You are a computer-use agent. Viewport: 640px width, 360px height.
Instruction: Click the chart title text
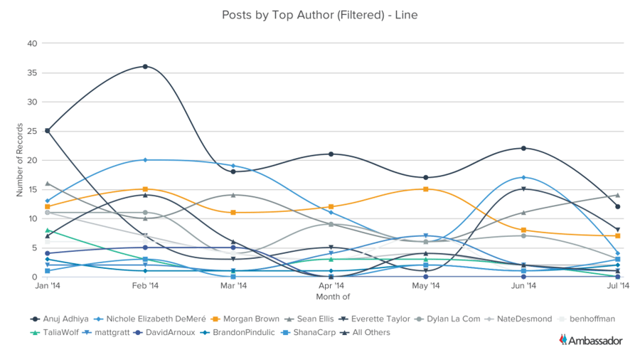(x=320, y=14)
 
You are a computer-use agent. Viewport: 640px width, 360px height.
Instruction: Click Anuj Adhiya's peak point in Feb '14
(x=145, y=67)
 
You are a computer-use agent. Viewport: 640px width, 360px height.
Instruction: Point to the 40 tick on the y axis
(x=32, y=43)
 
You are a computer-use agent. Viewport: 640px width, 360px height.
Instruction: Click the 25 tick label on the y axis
(x=32, y=131)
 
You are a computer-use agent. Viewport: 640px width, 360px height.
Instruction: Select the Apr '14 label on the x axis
(x=331, y=286)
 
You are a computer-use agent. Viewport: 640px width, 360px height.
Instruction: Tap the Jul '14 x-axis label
(x=618, y=286)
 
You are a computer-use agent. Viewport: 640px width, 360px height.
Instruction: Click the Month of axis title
(x=333, y=296)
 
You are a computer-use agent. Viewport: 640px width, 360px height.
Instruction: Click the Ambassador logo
(x=591, y=340)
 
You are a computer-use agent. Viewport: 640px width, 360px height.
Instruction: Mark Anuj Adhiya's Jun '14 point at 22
(x=523, y=148)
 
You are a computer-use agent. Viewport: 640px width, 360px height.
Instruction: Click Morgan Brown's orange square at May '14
(x=425, y=189)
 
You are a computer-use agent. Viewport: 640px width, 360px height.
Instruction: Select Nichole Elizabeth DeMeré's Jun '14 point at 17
(x=523, y=177)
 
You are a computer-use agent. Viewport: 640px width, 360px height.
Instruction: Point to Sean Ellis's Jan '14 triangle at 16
(x=47, y=184)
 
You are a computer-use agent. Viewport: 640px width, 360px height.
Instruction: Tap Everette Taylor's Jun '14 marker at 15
(x=523, y=189)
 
